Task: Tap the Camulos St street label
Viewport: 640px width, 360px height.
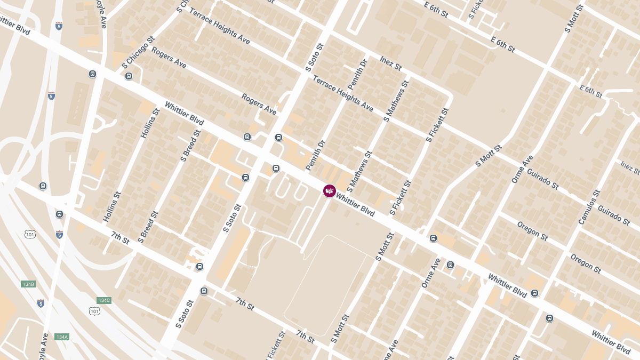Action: [589, 207]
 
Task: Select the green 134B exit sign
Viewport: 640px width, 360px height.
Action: [28, 284]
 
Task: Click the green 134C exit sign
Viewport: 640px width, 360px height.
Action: [103, 300]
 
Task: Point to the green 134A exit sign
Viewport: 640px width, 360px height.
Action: [62, 337]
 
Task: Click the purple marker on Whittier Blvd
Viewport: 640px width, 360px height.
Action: [330, 190]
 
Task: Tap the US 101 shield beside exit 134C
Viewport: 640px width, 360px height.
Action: [94, 310]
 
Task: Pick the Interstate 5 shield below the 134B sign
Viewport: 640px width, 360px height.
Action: [41, 303]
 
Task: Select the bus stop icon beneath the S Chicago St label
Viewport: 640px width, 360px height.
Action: [129, 76]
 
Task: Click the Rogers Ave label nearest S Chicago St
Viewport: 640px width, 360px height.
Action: [169, 57]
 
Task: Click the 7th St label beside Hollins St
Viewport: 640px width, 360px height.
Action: [120, 238]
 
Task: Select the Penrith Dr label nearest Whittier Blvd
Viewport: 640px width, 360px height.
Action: [315, 155]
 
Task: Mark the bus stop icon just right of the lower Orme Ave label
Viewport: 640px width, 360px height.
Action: [451, 265]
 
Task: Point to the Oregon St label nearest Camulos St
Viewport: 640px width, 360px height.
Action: [586, 263]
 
